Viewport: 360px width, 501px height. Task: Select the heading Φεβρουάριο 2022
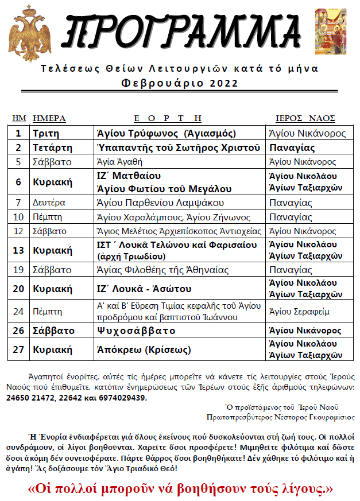180,83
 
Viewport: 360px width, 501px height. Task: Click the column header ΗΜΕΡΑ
49,118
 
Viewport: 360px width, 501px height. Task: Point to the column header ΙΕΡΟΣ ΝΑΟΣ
305,118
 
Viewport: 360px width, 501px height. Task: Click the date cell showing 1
18,133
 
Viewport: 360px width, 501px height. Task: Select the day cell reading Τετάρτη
52,147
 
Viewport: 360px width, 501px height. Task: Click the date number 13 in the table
18,250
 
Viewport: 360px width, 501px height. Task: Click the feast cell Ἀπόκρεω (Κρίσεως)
144,349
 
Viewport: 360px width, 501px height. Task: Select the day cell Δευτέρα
49,203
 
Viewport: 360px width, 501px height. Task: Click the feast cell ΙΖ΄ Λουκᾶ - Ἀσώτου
144,289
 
